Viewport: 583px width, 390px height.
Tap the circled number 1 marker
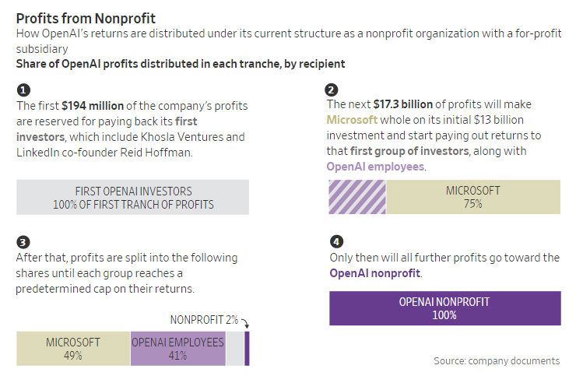(23, 90)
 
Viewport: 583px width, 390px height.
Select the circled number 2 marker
(332, 90)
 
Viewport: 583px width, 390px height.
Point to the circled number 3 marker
(23, 242)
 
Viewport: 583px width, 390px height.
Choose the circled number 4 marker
(335, 241)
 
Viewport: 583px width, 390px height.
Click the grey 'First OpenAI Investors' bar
(133, 198)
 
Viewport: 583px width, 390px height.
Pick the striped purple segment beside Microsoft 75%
(357, 197)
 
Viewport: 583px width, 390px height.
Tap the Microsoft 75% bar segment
(473, 197)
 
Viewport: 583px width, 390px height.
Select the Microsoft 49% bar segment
(74, 349)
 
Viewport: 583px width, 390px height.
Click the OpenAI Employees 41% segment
(177, 349)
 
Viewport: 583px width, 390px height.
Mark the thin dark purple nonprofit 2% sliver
(247, 349)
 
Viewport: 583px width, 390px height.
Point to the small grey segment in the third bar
(234, 349)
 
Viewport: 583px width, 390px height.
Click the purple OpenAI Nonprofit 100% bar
(444, 308)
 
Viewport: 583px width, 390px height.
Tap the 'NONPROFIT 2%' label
(204, 320)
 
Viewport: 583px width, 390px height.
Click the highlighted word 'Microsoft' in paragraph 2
(352, 120)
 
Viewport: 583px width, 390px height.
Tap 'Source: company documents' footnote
(497, 360)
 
